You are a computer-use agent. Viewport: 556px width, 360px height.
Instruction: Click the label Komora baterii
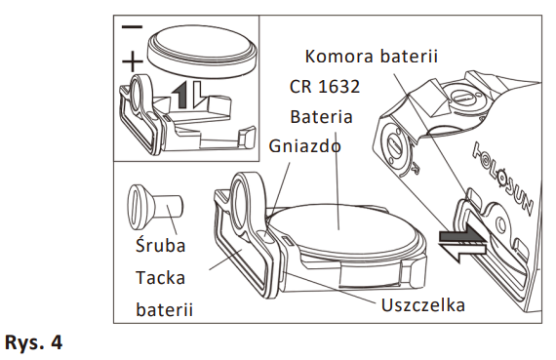coord(372,57)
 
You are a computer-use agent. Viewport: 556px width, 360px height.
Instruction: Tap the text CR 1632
coord(325,87)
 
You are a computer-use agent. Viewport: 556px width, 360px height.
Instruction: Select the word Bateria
coord(321,117)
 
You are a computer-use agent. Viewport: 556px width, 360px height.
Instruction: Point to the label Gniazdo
coord(305,145)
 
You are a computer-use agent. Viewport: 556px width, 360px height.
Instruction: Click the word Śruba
coord(161,245)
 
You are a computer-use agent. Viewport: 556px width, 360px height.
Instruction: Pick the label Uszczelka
coord(423,305)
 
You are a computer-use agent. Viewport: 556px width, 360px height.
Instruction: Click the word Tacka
coord(160,277)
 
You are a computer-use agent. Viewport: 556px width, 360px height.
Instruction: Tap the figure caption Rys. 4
coord(34,342)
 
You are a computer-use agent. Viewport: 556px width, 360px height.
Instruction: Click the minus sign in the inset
coord(132,26)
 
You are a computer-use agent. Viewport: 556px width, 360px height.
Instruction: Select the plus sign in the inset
coord(133,61)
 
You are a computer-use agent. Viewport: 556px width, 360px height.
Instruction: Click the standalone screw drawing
coord(155,206)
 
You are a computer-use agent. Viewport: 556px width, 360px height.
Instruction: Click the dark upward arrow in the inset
coord(180,94)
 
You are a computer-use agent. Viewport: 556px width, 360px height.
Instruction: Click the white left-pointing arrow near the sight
coord(461,251)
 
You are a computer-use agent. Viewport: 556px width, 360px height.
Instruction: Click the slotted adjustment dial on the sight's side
coord(396,145)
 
